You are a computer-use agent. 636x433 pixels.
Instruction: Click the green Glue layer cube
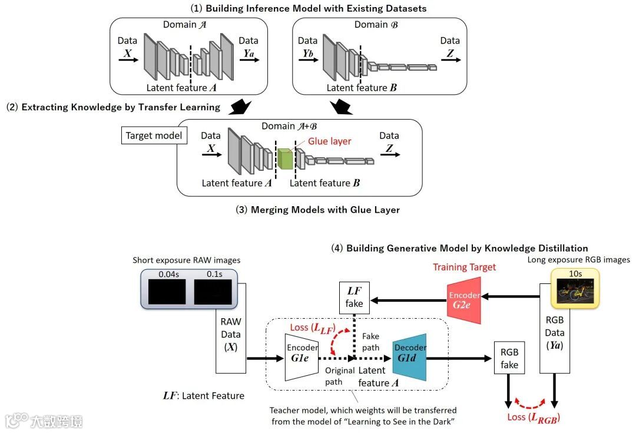(284, 159)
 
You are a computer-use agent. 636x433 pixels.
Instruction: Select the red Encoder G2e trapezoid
(465, 300)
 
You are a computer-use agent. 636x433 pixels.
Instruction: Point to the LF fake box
(354, 297)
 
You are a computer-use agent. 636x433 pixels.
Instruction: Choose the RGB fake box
(509, 358)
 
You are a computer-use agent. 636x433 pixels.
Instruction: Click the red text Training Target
(465, 267)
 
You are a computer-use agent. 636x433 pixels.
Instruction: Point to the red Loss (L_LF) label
(312, 327)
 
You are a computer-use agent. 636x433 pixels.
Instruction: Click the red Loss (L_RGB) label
(533, 418)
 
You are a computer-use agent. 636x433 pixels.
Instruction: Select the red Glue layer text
(330, 141)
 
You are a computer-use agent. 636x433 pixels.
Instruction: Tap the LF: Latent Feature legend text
(203, 395)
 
